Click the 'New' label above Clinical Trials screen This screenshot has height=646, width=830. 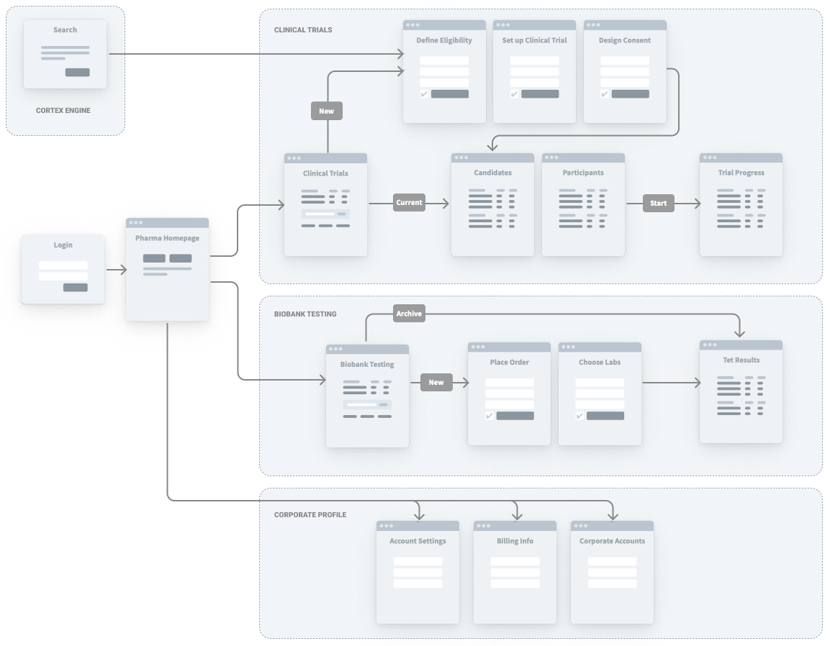pos(326,111)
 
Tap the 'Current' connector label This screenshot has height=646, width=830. pos(409,203)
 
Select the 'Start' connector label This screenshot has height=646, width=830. pos(659,203)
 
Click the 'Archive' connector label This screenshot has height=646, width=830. pos(409,314)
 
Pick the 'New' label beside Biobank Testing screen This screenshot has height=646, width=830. pos(436,382)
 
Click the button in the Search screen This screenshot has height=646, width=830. pos(77,72)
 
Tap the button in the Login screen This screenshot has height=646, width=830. pos(75,288)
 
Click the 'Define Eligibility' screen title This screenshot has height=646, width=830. pos(443,40)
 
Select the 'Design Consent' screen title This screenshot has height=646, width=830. pos(624,40)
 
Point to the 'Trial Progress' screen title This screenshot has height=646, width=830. pos(741,173)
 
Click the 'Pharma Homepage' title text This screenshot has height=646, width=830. pos(167,238)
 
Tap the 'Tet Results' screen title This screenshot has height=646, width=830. pos(741,360)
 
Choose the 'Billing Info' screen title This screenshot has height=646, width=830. pos(515,541)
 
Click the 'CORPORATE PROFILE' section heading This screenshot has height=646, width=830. pos(310,515)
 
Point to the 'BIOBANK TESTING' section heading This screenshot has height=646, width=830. pos(305,314)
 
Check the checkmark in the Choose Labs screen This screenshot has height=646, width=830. pos(579,416)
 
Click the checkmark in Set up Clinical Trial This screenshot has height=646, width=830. pos(514,94)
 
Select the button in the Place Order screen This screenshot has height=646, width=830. pos(515,416)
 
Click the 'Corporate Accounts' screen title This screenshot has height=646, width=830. pos(612,541)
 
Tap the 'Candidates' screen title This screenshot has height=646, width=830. pos(492,173)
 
